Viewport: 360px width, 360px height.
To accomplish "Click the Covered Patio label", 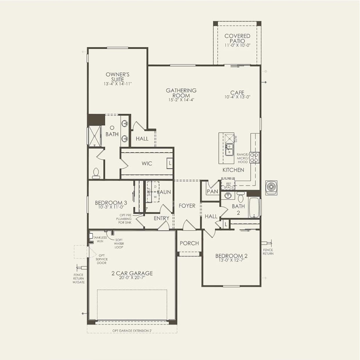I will (x=237, y=38).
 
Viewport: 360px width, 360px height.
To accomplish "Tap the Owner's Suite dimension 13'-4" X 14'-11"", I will (x=118, y=84).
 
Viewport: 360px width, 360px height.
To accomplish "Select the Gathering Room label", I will (x=181, y=93).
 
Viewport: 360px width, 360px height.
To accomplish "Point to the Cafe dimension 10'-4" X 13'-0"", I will (x=237, y=97).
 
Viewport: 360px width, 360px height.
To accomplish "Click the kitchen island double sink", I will (x=229, y=149).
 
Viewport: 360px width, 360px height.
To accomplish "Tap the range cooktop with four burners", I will (x=255, y=157).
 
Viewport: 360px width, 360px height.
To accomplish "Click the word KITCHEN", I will (x=233, y=170).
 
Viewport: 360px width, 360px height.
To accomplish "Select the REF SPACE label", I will (x=228, y=186).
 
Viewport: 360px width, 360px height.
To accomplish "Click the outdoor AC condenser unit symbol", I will (x=271, y=188).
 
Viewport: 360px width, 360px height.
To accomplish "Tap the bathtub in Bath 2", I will (x=255, y=207).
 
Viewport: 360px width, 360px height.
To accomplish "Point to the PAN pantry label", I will (x=212, y=192).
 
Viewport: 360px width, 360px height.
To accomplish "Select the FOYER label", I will (x=187, y=206).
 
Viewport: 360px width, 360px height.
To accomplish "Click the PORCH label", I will (x=189, y=243).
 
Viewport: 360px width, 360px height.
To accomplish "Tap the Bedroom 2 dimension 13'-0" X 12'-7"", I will (x=231, y=260).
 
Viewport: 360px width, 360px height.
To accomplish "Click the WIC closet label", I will (x=147, y=163).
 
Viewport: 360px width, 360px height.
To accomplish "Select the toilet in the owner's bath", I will (x=96, y=173).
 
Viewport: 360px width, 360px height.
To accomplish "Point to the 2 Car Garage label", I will (x=132, y=273).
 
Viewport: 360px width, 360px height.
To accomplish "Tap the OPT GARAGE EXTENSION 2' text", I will (x=132, y=331).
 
